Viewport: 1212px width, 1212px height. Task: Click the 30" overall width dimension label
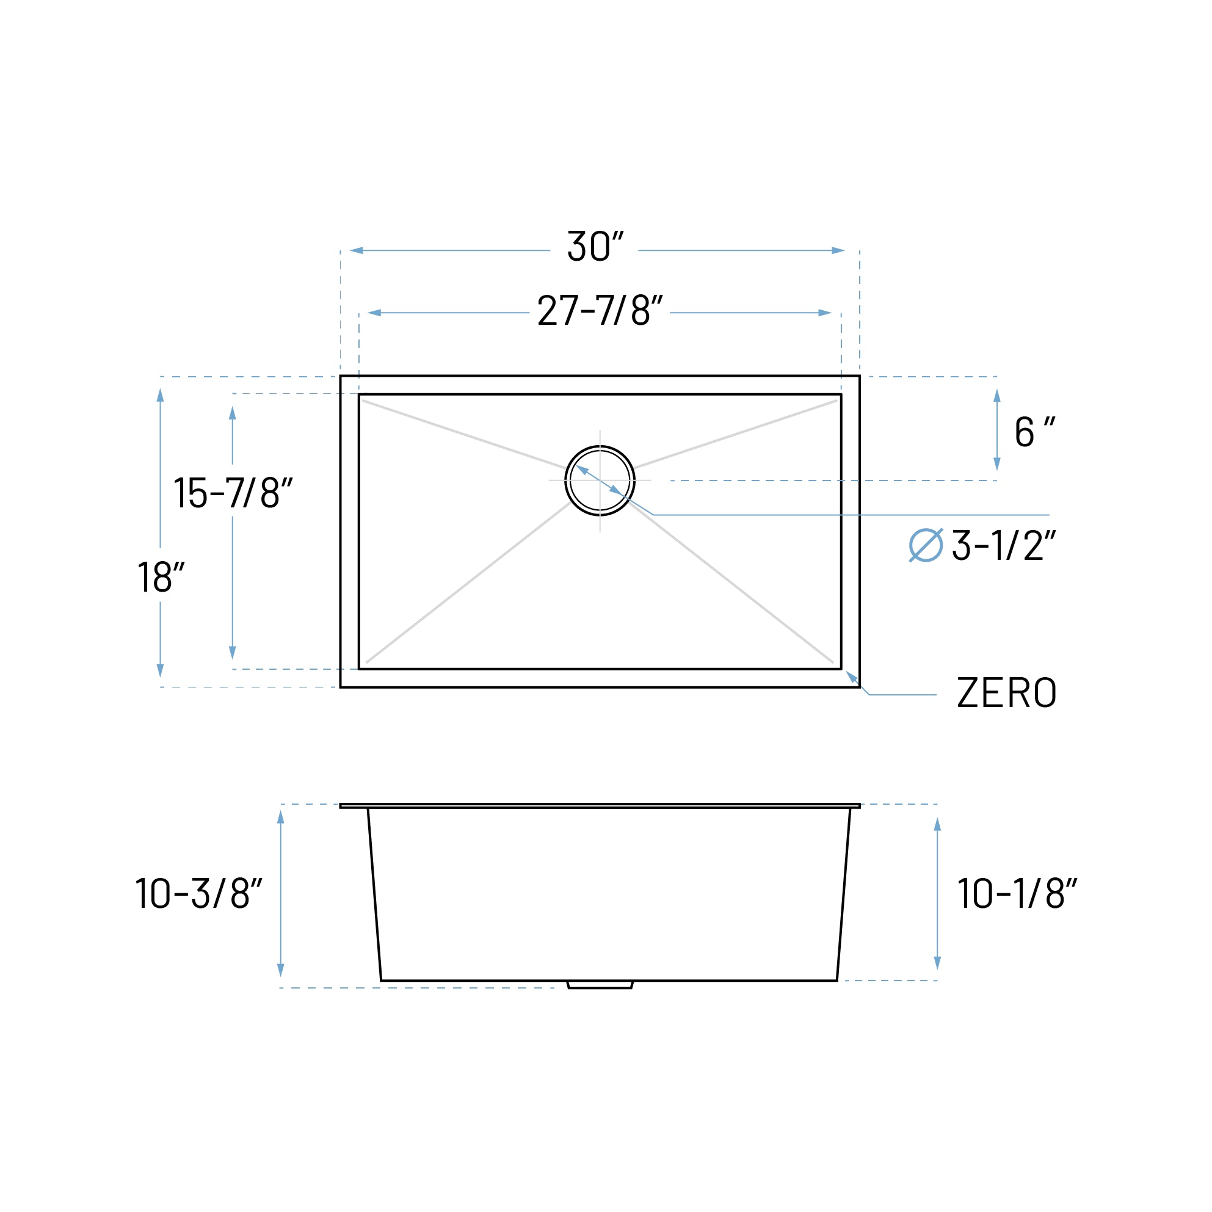click(x=595, y=246)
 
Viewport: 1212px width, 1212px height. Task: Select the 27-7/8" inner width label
click(x=600, y=310)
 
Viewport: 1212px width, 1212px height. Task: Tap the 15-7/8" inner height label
click(x=233, y=493)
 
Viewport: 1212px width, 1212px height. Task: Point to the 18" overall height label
click(x=161, y=576)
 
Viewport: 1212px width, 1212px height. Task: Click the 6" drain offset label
click(x=1033, y=432)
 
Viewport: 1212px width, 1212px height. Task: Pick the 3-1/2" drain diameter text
click(x=1004, y=545)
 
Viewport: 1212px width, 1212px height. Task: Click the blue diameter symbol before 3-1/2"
click(x=925, y=545)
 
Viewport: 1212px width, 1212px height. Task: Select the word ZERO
click(x=1007, y=692)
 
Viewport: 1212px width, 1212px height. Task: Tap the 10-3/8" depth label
click(x=198, y=893)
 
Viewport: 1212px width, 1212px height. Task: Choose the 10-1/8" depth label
click(x=1017, y=893)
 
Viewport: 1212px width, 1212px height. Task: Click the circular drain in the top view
click(x=600, y=481)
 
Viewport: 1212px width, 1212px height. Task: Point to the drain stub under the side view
click(x=600, y=985)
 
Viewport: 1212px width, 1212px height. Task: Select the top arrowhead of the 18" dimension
click(x=160, y=395)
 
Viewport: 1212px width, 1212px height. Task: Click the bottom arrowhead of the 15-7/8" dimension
click(x=232, y=653)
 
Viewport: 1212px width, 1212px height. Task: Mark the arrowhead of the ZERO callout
click(x=850, y=676)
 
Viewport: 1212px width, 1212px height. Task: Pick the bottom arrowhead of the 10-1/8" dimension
click(x=937, y=963)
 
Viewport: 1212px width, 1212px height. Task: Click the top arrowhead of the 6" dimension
click(x=997, y=395)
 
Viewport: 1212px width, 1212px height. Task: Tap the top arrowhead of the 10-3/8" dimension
click(x=280, y=817)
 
